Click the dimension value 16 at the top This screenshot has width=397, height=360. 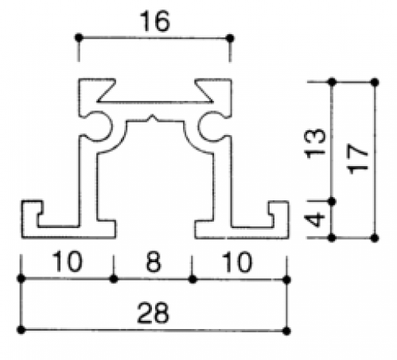[155, 21]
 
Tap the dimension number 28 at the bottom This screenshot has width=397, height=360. [154, 312]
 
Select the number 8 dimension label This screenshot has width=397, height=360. [154, 261]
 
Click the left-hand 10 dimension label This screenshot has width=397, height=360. [67, 261]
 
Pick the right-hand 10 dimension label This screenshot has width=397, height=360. [237, 261]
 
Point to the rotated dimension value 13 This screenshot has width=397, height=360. [315, 143]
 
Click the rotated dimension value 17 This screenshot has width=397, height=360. [358, 159]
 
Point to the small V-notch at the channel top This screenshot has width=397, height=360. [152, 118]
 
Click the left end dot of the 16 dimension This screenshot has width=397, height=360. [79, 37]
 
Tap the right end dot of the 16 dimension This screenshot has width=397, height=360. [230, 38]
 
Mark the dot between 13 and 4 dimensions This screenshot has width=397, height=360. [332, 202]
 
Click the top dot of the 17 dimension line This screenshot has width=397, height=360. [374, 82]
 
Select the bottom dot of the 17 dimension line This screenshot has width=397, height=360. [374, 238]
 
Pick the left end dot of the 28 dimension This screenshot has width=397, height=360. [21, 330]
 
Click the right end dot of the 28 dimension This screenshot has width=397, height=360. [286, 331]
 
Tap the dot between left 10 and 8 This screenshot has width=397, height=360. [114, 279]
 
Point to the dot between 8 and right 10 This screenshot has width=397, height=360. [193, 279]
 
